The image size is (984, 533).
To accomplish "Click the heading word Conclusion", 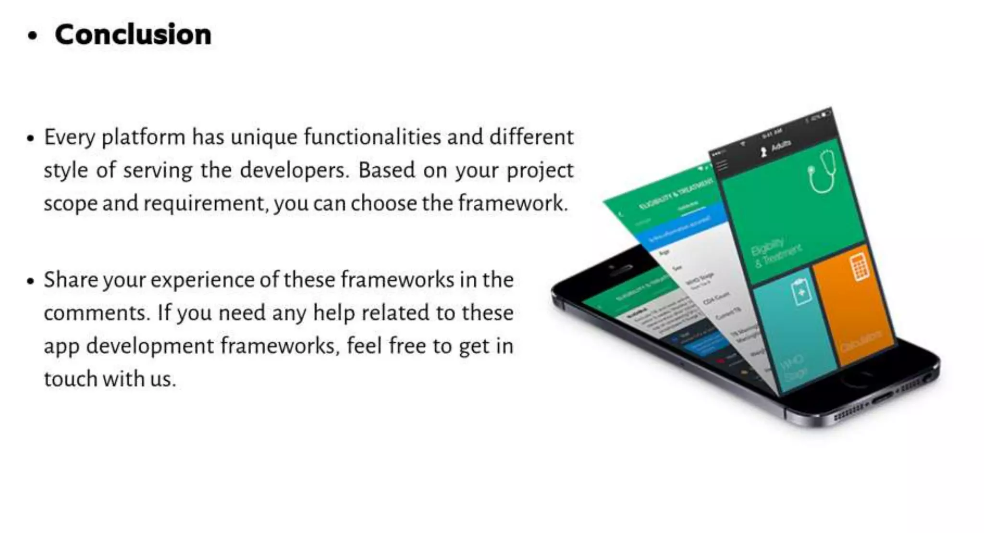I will tap(133, 35).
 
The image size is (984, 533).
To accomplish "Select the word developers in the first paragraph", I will tap(294, 170).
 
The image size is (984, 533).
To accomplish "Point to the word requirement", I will tap(204, 203).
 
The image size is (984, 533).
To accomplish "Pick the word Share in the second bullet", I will tap(70, 280).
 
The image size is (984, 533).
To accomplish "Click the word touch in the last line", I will tap(71, 379).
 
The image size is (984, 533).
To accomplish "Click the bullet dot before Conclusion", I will tap(32, 37).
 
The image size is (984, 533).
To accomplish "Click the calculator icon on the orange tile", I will tap(860, 267).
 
